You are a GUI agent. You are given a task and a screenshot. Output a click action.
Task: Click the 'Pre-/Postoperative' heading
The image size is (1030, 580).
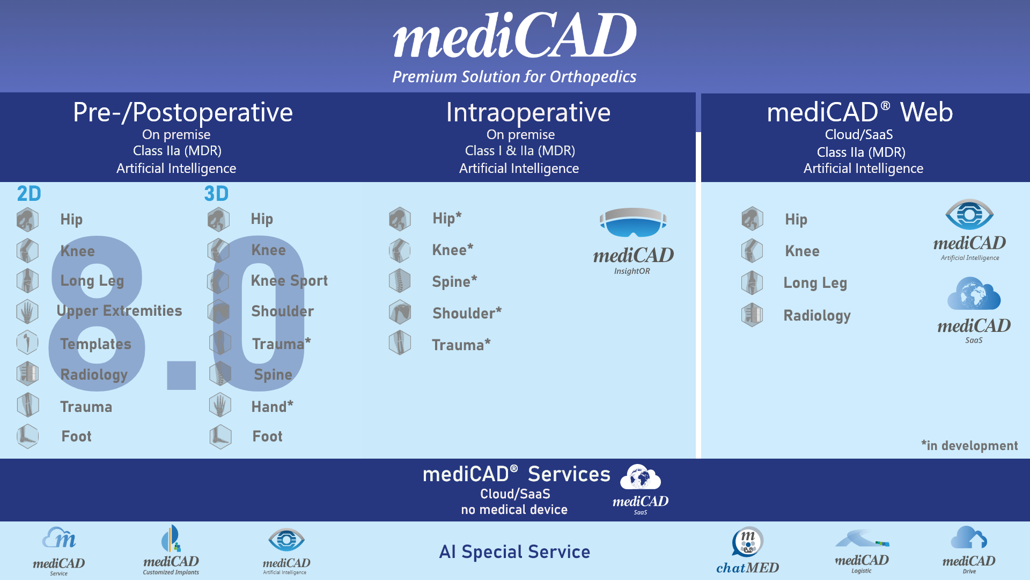tap(183, 113)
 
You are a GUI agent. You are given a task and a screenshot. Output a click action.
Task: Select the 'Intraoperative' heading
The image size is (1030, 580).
tap(528, 112)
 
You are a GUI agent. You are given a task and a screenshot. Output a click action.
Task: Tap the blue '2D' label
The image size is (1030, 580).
tap(29, 194)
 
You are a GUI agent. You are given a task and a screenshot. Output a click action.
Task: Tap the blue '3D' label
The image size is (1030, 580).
tap(216, 194)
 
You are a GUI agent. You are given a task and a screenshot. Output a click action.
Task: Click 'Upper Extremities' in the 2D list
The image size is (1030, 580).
tap(119, 311)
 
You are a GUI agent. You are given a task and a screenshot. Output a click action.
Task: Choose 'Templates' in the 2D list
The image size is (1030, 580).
tap(95, 344)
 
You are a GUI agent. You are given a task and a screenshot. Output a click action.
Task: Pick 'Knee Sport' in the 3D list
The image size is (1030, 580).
tap(289, 281)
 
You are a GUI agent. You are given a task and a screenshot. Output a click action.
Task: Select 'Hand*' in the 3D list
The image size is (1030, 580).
tap(273, 407)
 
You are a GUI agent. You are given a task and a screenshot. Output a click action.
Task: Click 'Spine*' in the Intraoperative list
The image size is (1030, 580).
tap(454, 281)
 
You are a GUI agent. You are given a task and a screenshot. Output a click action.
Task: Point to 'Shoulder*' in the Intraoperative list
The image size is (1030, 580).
tap(467, 313)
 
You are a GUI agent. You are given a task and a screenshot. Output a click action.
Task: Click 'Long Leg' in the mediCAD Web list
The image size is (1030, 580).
tap(815, 283)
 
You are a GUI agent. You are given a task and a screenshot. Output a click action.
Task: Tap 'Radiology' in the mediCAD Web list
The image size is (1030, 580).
tap(817, 316)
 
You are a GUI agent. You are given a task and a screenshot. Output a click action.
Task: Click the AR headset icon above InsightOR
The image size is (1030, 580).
tap(633, 222)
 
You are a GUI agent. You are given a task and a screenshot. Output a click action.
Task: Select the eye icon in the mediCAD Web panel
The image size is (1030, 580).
tap(969, 214)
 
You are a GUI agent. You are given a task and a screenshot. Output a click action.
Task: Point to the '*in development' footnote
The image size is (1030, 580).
tap(969, 446)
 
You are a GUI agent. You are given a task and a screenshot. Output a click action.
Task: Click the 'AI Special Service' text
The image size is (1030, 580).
tap(514, 552)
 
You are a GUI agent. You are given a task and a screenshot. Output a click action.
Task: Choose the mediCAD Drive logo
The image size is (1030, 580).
tap(969, 550)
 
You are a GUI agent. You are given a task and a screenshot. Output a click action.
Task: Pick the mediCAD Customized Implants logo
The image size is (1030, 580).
tap(171, 550)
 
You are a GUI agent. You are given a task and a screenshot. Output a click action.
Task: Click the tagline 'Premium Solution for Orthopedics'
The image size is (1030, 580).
tap(514, 77)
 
